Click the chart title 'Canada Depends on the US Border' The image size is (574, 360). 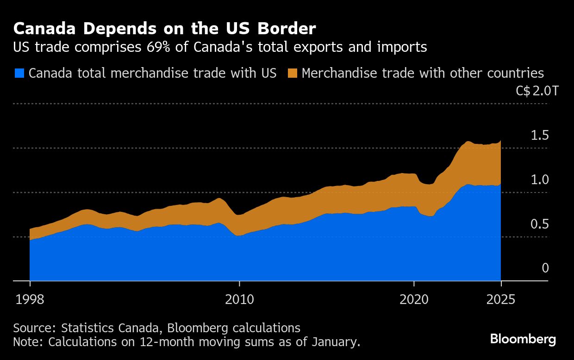pos(164,29)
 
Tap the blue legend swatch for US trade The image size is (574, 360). pos(19,73)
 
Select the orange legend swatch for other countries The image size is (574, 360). pos(292,73)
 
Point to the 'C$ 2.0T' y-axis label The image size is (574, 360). pos(537,91)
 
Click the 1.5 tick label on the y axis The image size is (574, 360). pos(540,136)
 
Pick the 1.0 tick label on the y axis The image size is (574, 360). pos(540,180)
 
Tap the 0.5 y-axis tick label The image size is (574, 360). pos(540,224)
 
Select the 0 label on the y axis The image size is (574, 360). pos(545,268)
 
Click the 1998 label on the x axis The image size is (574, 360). pos(30,299)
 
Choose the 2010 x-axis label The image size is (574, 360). pos(239,299)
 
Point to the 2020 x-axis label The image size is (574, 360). pos(414,299)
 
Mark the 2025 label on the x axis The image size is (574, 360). pos(501,299)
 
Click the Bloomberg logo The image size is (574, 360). pos(523,339)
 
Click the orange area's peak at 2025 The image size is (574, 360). pos(500,142)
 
